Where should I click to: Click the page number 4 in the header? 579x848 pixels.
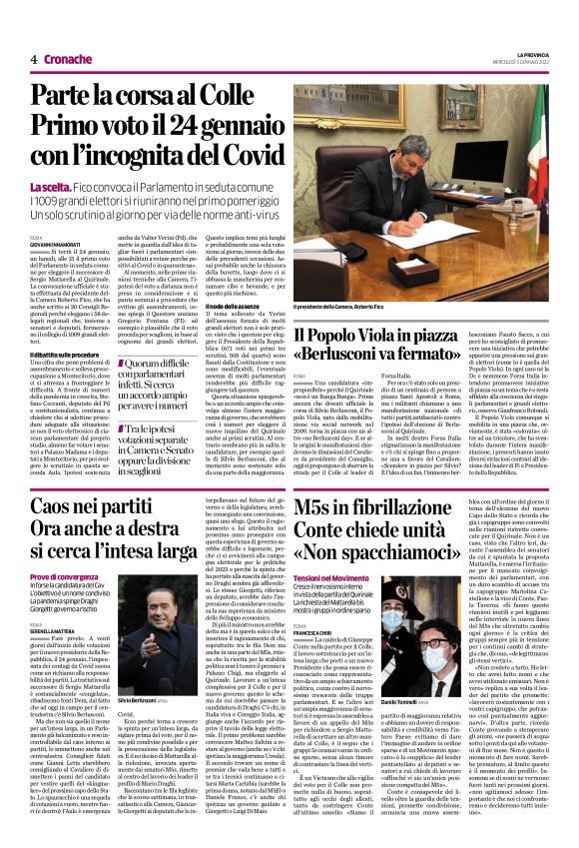pos(34,60)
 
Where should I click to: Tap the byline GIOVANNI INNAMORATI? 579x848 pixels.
pos(59,241)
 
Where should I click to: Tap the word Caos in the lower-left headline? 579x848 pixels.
pos(59,506)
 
